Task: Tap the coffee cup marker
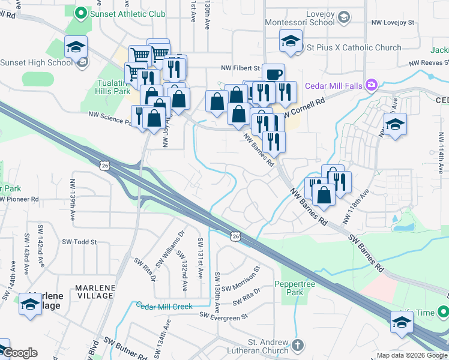click(x=274, y=75)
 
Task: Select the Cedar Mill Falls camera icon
click(x=372, y=85)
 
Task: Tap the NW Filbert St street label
click(x=240, y=68)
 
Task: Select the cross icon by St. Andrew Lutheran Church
click(x=298, y=346)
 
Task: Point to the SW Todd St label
click(x=79, y=242)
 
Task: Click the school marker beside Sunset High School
click(x=76, y=47)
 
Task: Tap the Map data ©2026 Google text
click(x=412, y=355)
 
